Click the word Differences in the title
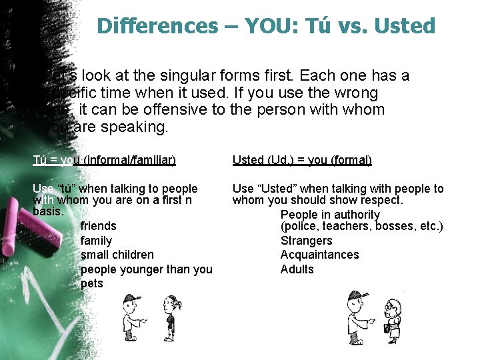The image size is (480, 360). [157, 26]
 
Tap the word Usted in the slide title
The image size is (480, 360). [405, 26]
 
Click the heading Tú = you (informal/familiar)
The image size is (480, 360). [104, 160]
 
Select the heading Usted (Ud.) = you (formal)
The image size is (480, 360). [302, 160]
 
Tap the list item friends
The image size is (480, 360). [98, 226]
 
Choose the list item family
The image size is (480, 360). [96, 241]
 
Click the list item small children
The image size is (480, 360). [117, 255]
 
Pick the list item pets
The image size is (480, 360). [91, 283]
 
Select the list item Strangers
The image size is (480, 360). [306, 241]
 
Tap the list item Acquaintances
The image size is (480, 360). [319, 255]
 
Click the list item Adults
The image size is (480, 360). [297, 269]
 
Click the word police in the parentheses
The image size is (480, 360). [301, 227]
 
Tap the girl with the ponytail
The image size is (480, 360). [171, 318]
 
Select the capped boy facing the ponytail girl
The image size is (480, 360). [131, 317]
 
